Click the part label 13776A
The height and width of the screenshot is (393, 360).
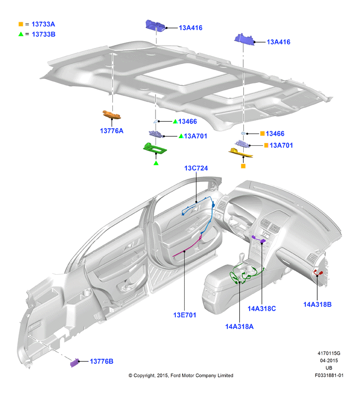tap(111, 131)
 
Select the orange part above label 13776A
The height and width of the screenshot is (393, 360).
tap(111, 114)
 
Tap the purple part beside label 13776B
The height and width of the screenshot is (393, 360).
tap(75, 362)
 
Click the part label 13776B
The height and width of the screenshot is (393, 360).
tap(101, 361)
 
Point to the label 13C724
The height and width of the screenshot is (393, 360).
tap(196, 168)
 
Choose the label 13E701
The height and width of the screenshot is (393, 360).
tap(185, 315)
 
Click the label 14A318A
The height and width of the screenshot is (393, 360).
tap(239, 327)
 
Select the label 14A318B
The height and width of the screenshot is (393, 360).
tap(317, 304)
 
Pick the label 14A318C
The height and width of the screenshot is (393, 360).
tap(262, 309)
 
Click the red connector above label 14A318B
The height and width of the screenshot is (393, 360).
tap(319, 273)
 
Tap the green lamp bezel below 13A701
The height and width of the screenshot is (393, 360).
tap(155, 148)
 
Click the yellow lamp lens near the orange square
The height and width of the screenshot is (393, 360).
tap(240, 153)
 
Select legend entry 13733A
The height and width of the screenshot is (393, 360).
tap(43, 24)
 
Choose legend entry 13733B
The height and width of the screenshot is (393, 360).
tap(44, 34)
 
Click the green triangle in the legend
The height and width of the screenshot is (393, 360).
tap(21, 34)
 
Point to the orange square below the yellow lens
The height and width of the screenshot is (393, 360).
tap(243, 166)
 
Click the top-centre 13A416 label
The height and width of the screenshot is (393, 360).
tap(190, 28)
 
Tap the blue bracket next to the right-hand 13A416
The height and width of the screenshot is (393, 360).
tap(245, 40)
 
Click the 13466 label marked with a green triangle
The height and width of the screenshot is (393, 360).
tap(188, 122)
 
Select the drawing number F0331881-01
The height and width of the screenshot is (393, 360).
tap(329, 376)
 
